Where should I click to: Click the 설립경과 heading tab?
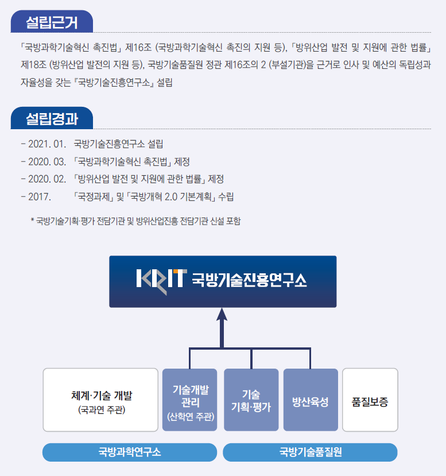point(52,119)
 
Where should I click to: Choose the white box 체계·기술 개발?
point(100,400)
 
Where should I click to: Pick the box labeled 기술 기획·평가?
point(250,400)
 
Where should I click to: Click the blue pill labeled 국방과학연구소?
point(130,452)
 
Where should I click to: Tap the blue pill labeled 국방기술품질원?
point(310,452)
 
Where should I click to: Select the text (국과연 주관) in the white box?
point(100,410)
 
